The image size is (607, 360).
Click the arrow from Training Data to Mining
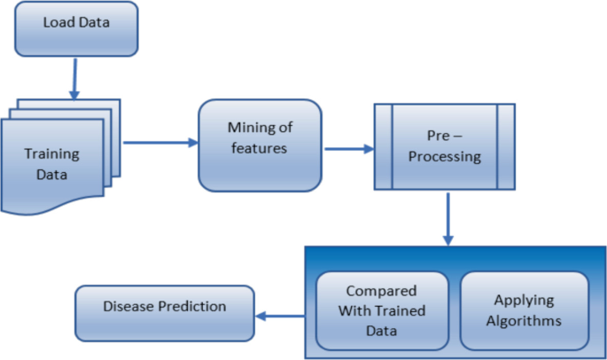159,142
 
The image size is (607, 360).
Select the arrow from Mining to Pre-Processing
351,149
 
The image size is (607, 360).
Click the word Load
58,21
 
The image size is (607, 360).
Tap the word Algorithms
524,319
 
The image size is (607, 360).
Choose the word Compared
382,290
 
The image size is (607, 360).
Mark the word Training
51,153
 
